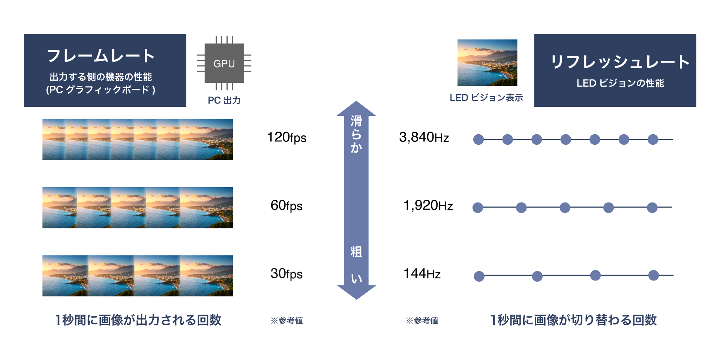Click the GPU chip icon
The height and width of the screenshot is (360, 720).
(224, 63)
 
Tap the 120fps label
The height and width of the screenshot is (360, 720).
(287, 138)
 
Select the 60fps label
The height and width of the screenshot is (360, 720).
(286, 205)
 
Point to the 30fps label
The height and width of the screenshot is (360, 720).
(286, 274)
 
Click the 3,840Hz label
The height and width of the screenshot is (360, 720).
(424, 138)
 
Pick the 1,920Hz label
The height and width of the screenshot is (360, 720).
(428, 205)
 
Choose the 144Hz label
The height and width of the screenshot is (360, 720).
(422, 274)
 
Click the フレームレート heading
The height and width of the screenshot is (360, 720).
(101, 56)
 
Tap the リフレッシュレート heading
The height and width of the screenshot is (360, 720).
(620, 62)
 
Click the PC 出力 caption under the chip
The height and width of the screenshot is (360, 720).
(224, 100)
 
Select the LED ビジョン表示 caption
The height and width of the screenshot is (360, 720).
(486, 98)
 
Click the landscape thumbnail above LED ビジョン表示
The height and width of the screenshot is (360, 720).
(487, 63)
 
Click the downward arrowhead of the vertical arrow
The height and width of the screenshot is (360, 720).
(356, 292)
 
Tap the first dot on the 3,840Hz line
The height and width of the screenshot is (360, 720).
(478, 139)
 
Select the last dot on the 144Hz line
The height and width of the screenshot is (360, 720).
(654, 275)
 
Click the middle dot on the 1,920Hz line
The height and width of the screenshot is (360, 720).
(565, 207)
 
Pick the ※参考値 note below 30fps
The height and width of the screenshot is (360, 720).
(287, 321)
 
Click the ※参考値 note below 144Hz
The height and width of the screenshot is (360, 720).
(422, 321)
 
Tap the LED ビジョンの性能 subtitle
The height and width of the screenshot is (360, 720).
(620, 83)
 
